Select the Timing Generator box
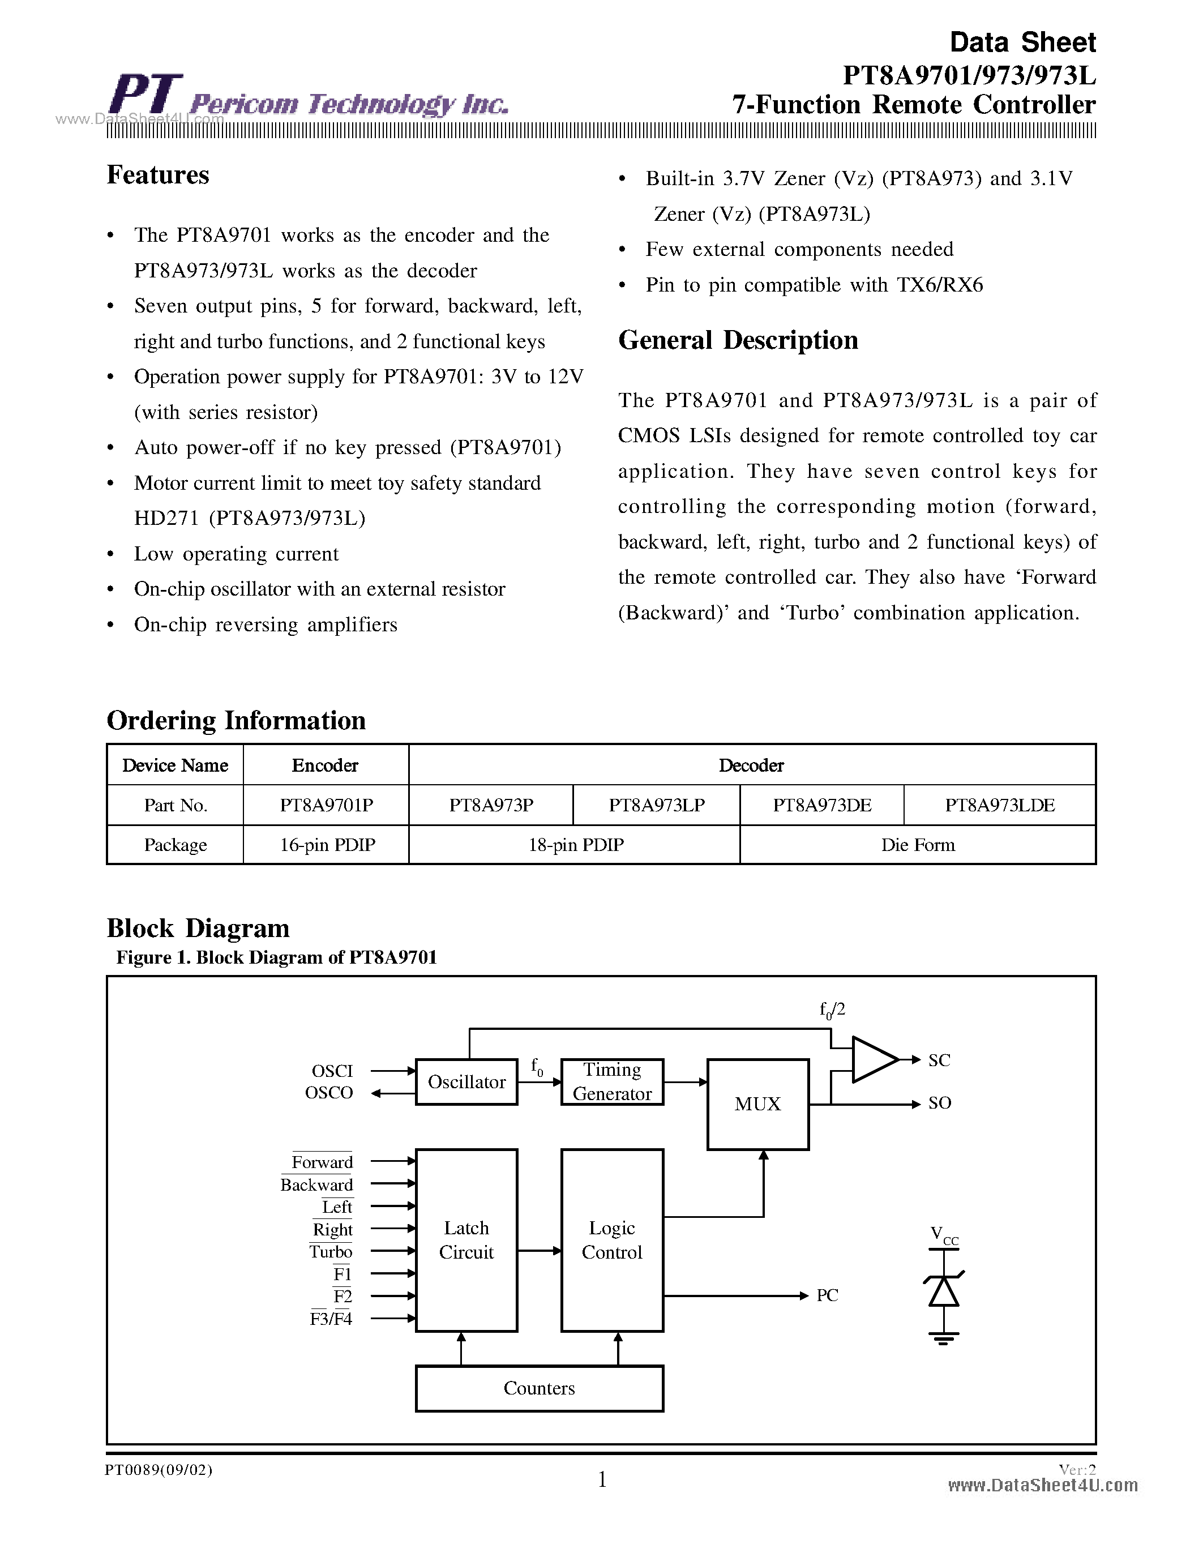click(611, 1081)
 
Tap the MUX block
click(757, 1103)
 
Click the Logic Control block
click(611, 1240)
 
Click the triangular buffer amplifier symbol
click(874, 1059)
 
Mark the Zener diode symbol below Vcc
click(944, 1291)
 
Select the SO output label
click(939, 1103)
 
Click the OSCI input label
click(332, 1071)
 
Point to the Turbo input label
click(331, 1252)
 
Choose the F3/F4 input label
click(331, 1319)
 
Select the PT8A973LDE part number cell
click(999, 805)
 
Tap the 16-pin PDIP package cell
click(327, 845)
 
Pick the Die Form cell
click(917, 845)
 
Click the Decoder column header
click(751, 765)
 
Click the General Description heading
click(738, 340)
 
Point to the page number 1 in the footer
click(602, 1479)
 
